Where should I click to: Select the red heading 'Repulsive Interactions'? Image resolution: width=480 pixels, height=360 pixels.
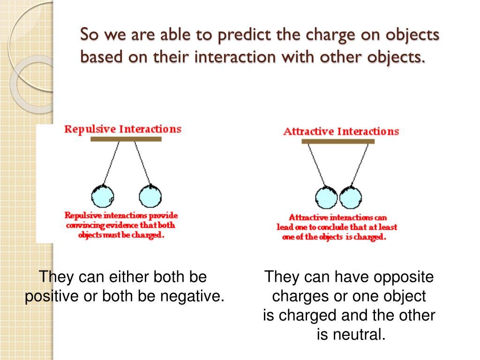coord(123,129)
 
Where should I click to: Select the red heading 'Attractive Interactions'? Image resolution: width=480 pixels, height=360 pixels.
coord(341,131)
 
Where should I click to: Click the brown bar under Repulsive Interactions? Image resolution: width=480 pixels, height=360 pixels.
coord(126,139)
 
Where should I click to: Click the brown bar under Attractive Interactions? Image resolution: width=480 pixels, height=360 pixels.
coord(338,141)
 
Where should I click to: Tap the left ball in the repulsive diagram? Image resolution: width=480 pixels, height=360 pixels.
coord(103,196)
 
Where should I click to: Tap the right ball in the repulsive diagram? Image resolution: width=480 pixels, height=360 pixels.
coord(150,196)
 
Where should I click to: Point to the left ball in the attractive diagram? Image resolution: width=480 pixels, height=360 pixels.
coord(327,197)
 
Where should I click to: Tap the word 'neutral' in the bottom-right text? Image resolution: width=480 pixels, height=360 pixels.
coord(361,335)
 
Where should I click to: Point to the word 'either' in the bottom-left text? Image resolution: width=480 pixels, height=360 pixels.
coord(127,277)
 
